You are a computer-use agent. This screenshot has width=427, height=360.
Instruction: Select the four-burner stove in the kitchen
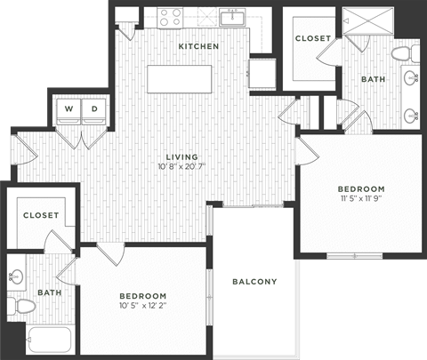(x=168, y=16)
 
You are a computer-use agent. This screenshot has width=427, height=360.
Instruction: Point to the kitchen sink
(x=235, y=16)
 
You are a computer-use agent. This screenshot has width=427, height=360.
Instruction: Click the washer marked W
(x=68, y=109)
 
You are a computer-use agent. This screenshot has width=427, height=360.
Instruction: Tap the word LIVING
(x=180, y=156)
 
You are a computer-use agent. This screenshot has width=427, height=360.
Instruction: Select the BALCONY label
(x=254, y=282)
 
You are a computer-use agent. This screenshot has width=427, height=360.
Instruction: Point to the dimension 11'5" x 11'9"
(x=360, y=199)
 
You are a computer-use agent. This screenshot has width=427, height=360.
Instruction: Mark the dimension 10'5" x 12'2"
(x=143, y=306)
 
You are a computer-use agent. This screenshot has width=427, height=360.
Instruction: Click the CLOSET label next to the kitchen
(x=312, y=39)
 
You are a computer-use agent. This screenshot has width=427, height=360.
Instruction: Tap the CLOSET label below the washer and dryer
(x=40, y=215)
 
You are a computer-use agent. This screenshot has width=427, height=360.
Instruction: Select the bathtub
(x=49, y=341)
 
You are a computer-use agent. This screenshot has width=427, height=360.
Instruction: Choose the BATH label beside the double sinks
(x=372, y=80)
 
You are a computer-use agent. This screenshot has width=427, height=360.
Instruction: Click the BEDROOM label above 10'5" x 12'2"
(x=143, y=295)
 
